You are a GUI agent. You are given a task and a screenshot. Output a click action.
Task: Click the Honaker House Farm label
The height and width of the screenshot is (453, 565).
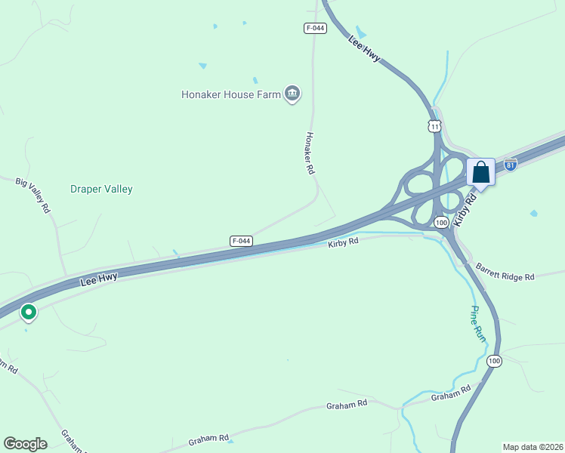(230, 94)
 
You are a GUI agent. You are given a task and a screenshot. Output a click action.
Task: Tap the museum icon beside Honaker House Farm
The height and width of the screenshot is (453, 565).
(292, 94)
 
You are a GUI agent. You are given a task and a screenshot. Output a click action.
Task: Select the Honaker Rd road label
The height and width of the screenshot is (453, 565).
(309, 153)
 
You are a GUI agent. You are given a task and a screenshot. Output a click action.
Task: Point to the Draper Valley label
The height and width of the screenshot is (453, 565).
(101, 189)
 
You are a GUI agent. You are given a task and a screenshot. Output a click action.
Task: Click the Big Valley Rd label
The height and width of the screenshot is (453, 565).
(32, 195)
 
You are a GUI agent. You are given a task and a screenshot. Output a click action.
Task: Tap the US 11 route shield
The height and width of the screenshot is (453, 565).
(434, 125)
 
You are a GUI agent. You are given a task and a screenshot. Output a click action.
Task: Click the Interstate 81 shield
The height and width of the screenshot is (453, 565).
(511, 164)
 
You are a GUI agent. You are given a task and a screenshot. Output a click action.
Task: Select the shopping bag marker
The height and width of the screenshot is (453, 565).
(480, 173)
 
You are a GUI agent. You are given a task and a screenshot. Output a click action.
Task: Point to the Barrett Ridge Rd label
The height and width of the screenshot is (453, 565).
(505, 272)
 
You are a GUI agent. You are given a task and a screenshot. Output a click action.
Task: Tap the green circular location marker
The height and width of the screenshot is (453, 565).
(29, 311)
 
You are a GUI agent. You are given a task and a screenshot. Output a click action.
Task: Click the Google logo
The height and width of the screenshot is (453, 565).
(25, 444)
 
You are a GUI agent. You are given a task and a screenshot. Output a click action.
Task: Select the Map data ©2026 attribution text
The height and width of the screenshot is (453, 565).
(533, 447)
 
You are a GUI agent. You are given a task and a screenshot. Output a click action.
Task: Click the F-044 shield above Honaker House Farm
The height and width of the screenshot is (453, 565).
(315, 28)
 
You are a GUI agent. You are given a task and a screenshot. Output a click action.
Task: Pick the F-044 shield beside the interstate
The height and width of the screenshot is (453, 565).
(240, 241)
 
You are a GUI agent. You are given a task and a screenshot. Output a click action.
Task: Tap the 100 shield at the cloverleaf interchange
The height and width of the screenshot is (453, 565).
(442, 222)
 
